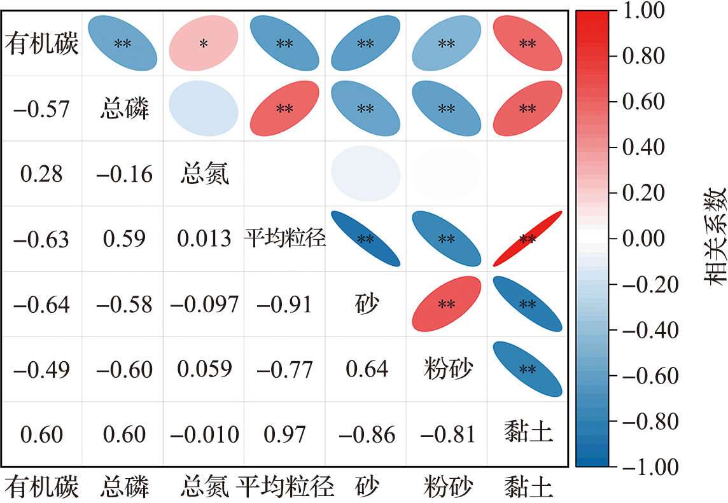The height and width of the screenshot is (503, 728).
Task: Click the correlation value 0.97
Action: (284, 434)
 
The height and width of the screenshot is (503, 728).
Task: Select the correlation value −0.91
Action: (284, 304)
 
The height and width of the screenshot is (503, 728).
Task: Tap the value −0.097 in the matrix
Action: (204, 304)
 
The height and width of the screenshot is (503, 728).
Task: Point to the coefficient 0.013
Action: (204, 239)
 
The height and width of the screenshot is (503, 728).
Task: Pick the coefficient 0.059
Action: (204, 369)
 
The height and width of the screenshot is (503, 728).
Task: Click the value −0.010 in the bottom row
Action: (204, 434)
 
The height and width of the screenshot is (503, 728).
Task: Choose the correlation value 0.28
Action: (42, 174)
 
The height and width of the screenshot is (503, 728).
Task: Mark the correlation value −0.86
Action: (365, 434)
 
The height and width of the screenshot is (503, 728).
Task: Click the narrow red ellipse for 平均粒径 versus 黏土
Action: (528, 239)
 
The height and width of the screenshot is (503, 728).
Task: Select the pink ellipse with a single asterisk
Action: (204, 44)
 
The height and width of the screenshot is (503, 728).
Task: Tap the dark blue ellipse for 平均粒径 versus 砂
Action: (365, 239)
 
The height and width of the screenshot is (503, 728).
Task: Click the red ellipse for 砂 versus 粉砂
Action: (446, 304)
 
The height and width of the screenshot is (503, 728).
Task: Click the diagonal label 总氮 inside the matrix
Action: (204, 174)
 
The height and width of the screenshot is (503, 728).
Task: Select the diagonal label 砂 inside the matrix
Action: (365, 304)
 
